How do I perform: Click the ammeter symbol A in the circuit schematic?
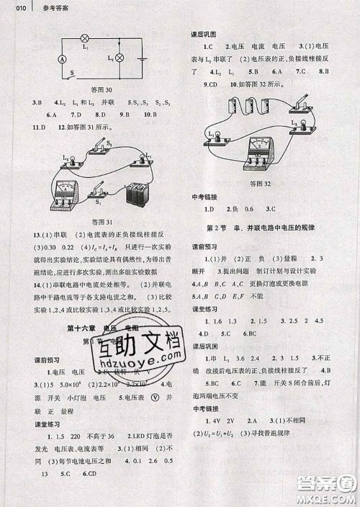[x=62, y=58]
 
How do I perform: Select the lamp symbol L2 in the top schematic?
[x=119, y=56]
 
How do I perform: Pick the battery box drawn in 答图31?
[x=137, y=192]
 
